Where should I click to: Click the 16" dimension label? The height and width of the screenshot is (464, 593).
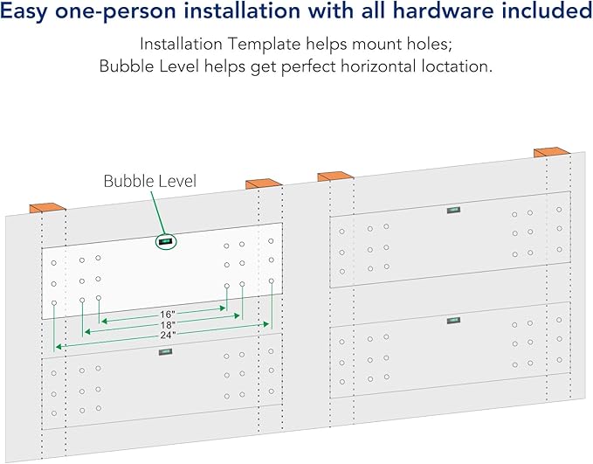167,314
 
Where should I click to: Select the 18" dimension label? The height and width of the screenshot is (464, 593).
167,325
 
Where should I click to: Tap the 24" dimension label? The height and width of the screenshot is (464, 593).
168,335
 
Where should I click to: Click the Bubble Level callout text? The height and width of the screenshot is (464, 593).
149,181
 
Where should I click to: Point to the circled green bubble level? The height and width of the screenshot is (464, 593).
166,241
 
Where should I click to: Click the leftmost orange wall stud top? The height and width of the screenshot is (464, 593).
48,208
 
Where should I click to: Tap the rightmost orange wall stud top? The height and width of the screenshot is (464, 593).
551,152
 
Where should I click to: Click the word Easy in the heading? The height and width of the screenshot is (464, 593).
24,11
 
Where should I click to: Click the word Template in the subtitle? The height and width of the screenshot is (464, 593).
264,44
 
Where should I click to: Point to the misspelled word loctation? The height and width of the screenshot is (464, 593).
457,66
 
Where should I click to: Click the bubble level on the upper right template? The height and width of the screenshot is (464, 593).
453,210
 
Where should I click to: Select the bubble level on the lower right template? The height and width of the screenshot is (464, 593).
453,321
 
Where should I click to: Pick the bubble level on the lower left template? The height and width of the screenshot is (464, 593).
165,351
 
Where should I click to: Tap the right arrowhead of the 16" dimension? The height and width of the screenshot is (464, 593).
223,308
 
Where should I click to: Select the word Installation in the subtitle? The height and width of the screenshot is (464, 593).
181,44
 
